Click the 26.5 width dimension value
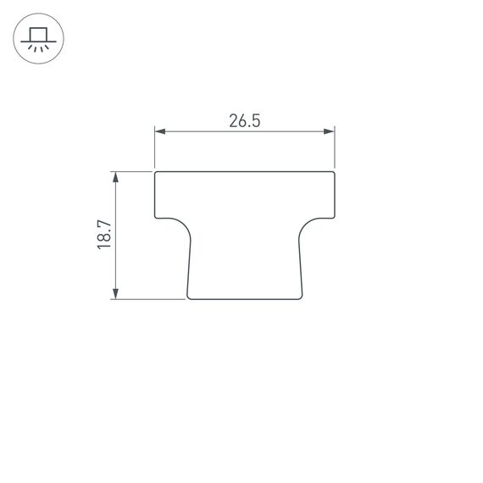pyautogui.click(x=243, y=120)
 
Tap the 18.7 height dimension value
pyautogui.click(x=103, y=235)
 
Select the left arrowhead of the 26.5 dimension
pyautogui.click(x=158, y=131)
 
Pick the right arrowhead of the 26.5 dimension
pyautogui.click(x=330, y=131)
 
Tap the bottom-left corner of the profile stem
pyautogui.click(x=188, y=297)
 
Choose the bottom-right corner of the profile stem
pyautogui.click(x=302, y=297)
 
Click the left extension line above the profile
pyautogui.click(x=154, y=148)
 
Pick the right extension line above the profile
pyautogui.click(x=335, y=148)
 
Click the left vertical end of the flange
pyautogui.click(x=154, y=195)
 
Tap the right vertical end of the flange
pyautogui.click(x=336, y=195)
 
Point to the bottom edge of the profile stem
pyautogui.click(x=245, y=299)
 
